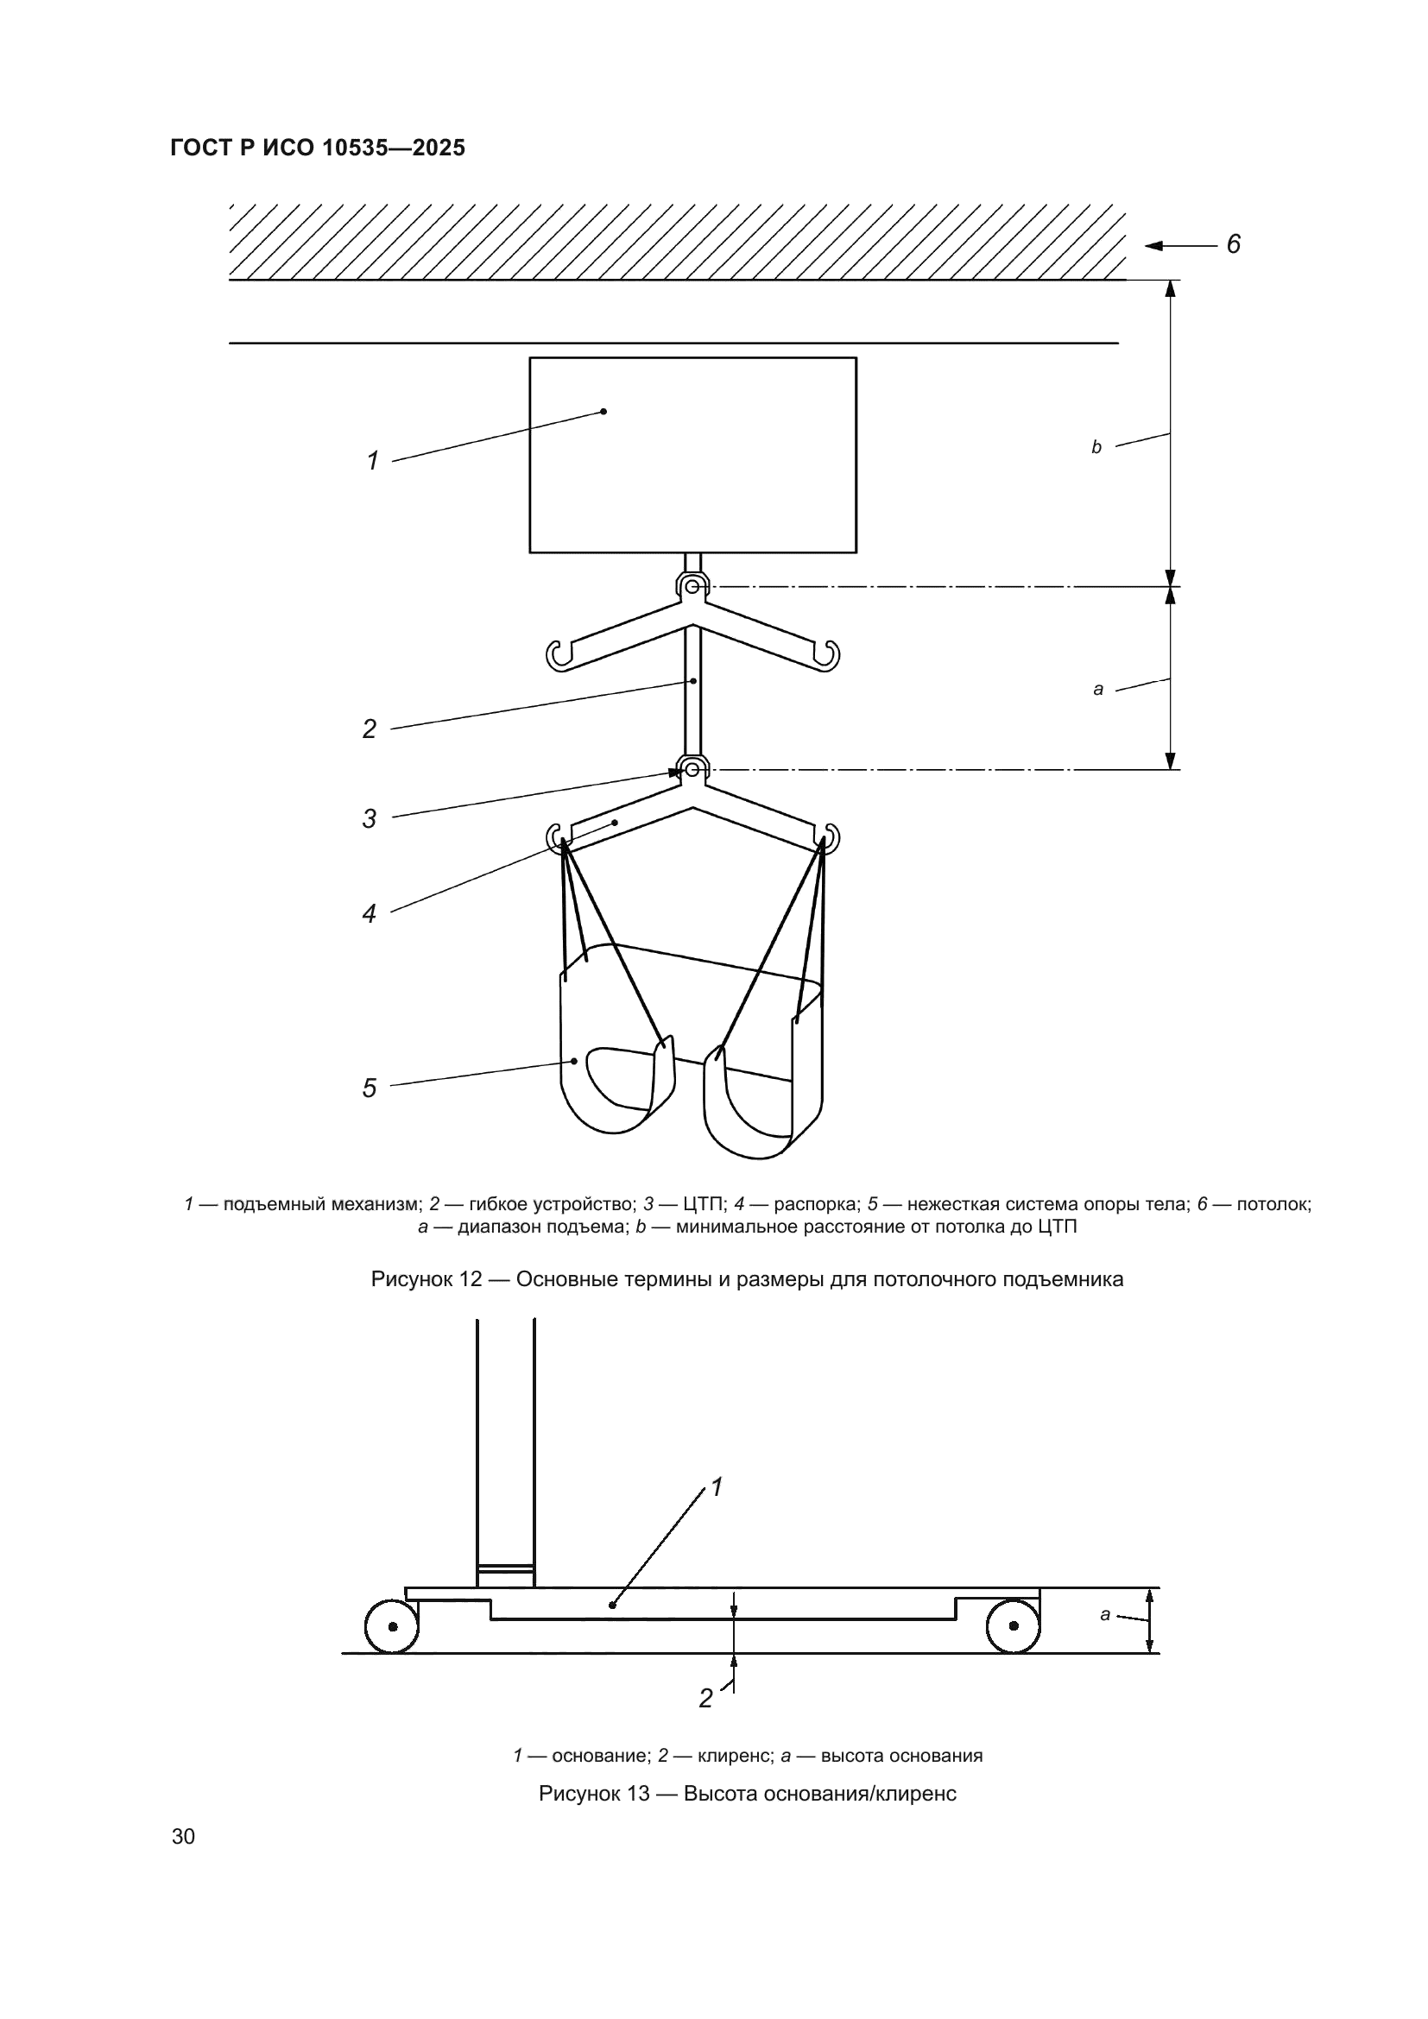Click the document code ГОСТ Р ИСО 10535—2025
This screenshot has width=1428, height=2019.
click(318, 148)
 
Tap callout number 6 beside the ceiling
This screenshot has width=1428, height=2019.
click(1233, 243)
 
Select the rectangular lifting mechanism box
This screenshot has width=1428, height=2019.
click(693, 455)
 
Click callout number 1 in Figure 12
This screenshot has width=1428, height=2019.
click(373, 460)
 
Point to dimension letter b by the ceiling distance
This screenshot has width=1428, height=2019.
click(1096, 448)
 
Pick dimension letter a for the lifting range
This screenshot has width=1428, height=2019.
click(1098, 690)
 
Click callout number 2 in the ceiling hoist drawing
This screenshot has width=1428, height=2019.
click(370, 729)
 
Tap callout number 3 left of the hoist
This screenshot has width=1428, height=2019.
click(370, 817)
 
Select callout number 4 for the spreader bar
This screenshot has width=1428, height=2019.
click(370, 913)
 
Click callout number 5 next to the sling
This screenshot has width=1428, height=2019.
click(370, 1088)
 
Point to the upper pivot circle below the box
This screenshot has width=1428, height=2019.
click(693, 585)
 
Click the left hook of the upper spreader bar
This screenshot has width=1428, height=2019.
click(558, 654)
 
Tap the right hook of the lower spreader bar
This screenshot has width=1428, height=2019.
click(828, 836)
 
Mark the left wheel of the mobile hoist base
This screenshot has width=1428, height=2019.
click(392, 1626)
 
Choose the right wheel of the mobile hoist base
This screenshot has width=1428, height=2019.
click(1013, 1626)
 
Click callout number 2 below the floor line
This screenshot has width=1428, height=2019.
click(705, 1698)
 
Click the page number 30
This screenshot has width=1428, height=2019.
click(184, 1836)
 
